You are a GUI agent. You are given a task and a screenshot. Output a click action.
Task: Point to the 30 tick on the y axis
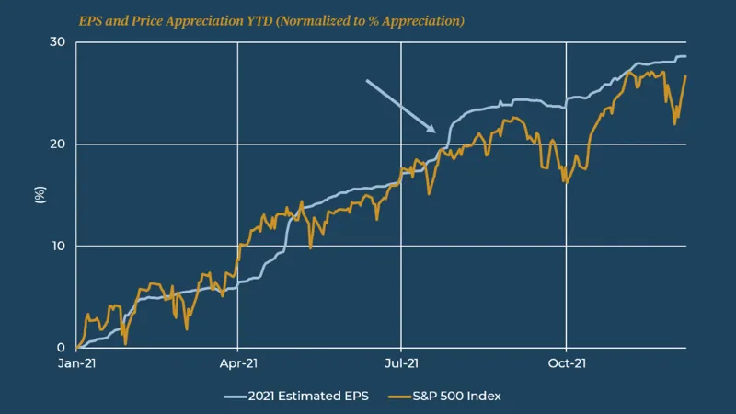(x=57, y=42)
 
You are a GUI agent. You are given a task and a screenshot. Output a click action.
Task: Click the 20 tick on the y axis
(x=57, y=144)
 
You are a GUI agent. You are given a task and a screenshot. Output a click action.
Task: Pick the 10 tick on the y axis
(x=57, y=247)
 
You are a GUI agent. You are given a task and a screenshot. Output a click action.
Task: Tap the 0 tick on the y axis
(x=61, y=348)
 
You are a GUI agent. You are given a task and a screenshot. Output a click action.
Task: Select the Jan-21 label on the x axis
(x=76, y=364)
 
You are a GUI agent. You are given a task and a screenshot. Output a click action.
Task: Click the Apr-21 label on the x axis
(x=237, y=364)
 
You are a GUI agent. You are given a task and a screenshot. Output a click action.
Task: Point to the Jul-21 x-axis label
(x=401, y=364)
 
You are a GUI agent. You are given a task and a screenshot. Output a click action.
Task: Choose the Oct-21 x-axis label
(x=565, y=364)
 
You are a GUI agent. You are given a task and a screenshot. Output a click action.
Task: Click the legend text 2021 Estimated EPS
(x=308, y=396)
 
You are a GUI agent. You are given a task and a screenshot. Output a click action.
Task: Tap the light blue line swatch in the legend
(x=236, y=396)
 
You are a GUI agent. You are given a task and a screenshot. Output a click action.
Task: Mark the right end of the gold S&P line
(x=685, y=76)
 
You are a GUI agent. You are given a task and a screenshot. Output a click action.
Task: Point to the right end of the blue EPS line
(x=685, y=57)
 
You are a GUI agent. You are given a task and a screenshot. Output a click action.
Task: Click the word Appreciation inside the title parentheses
(x=418, y=20)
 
